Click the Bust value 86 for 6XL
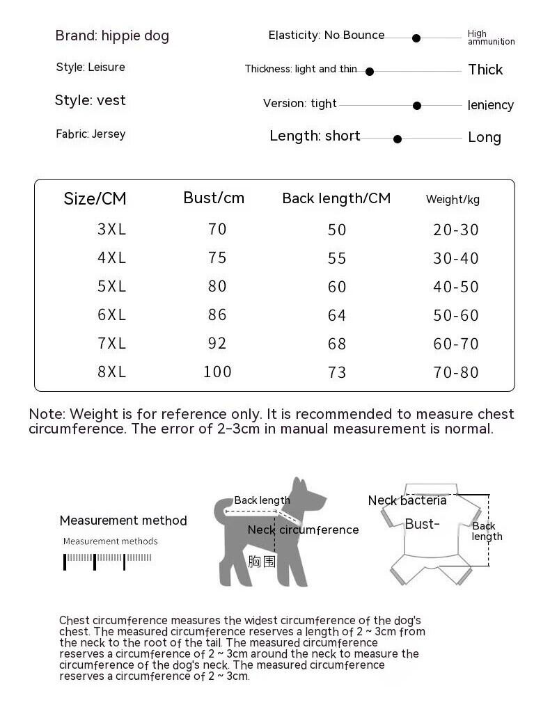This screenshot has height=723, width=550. click(x=217, y=315)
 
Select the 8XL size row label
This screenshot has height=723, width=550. click(x=112, y=372)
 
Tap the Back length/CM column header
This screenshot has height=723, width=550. click(x=336, y=198)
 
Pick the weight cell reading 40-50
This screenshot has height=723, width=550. click(x=456, y=287)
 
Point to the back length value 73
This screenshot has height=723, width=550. click(x=337, y=372)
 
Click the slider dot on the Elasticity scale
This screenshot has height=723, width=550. click(x=416, y=38)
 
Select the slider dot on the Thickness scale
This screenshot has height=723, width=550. click(x=370, y=72)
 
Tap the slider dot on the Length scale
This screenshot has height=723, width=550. click(x=398, y=139)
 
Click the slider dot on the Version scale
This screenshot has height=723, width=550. click(x=417, y=106)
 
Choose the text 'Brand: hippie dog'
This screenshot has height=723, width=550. click(x=112, y=35)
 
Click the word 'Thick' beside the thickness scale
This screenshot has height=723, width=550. click(x=485, y=70)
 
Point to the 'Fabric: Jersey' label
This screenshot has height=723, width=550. click(x=91, y=134)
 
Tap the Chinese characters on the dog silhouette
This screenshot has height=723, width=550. click(x=262, y=560)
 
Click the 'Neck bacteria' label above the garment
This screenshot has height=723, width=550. click(x=407, y=500)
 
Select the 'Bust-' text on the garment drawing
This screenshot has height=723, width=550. click(x=422, y=524)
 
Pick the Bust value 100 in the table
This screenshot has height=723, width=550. click(x=217, y=372)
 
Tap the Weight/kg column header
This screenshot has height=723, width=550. click(x=453, y=200)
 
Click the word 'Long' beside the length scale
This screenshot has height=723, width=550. click(x=485, y=137)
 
